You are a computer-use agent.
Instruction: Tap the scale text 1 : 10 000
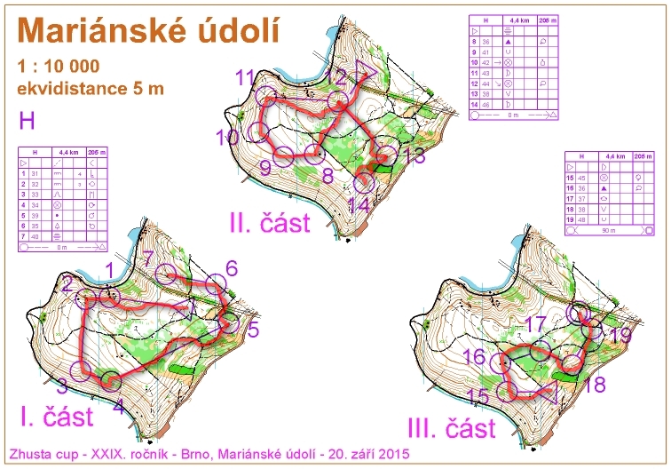pos(58,67)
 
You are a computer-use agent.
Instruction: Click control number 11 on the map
pos(246,77)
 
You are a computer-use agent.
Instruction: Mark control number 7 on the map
pos(149,258)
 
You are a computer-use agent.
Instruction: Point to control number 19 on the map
pos(622,335)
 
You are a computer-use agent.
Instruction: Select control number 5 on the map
pos(252,330)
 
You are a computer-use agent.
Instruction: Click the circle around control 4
pos(110,381)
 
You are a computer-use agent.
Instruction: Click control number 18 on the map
pos(594,384)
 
